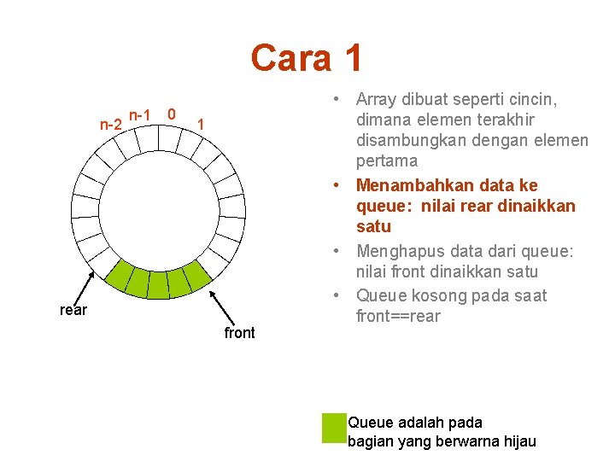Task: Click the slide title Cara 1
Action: (307, 58)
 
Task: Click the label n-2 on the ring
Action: (110, 125)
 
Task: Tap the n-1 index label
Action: (139, 114)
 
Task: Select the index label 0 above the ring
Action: (172, 114)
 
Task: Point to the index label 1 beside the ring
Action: (200, 125)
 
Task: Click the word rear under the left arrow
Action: (73, 310)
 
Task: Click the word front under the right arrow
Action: (239, 332)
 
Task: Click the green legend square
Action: (333, 428)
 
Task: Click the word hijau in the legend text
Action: (517, 441)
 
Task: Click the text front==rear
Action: (398, 317)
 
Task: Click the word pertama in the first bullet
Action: (387, 160)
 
